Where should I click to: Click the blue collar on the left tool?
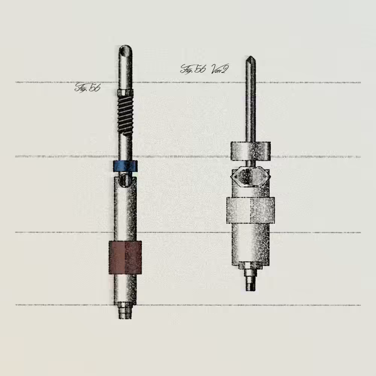pos(126,166)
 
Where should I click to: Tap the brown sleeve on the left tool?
pos(125,257)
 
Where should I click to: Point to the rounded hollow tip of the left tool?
pos(126,51)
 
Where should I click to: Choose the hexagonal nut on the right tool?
pos(250,176)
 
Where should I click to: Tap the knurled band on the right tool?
pos(250,210)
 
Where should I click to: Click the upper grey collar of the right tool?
pos(250,151)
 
